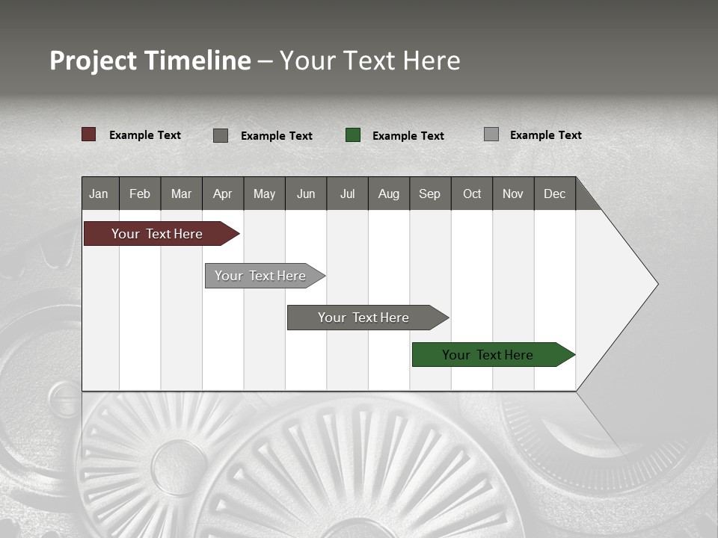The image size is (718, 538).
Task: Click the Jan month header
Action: pyautogui.click(x=99, y=194)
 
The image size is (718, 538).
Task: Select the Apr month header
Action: pyautogui.click(x=223, y=194)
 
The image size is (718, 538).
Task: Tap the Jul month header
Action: pyautogui.click(x=347, y=194)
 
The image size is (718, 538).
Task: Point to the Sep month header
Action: pyautogui.click(x=429, y=194)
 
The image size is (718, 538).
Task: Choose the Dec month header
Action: pyautogui.click(x=554, y=194)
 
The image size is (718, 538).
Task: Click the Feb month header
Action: pyautogui.click(x=140, y=194)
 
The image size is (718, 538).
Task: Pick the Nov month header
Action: pyautogui.click(x=512, y=194)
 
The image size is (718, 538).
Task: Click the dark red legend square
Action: pyautogui.click(x=89, y=134)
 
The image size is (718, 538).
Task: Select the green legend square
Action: pyautogui.click(x=353, y=135)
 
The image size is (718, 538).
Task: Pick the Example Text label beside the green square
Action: pyautogui.click(x=408, y=136)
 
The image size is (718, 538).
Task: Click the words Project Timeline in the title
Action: pyautogui.click(x=150, y=61)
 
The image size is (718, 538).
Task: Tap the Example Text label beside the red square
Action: pyautogui.click(x=145, y=135)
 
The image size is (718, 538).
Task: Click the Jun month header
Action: pyautogui.click(x=306, y=194)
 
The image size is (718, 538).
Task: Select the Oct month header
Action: pyautogui.click(x=472, y=194)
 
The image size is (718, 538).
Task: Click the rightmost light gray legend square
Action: pyautogui.click(x=491, y=134)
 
